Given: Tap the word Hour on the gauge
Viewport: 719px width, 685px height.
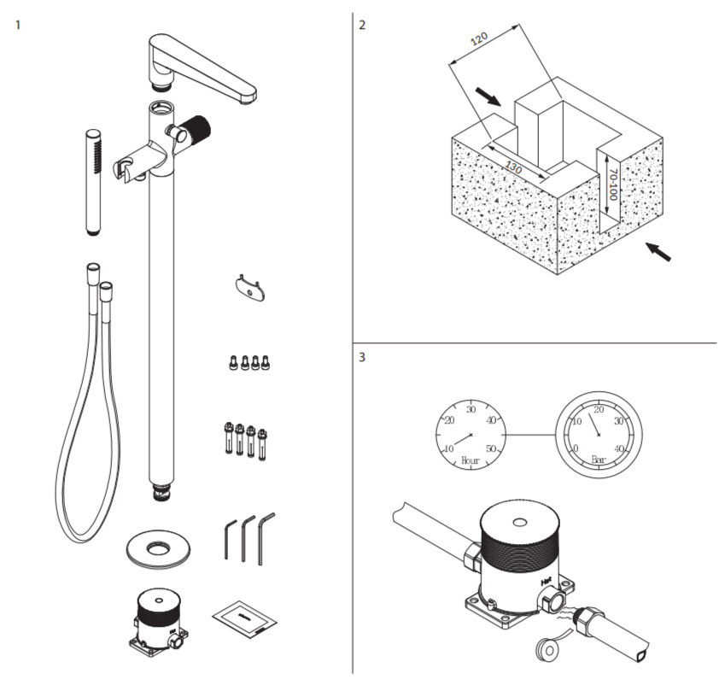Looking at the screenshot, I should tap(469, 460).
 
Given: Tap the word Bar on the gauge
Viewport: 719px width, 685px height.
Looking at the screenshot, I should tap(598, 459).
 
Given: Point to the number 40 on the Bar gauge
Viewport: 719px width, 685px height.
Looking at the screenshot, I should tap(620, 449).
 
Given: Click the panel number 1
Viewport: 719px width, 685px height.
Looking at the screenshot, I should tap(18, 23).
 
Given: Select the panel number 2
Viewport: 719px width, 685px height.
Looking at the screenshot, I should tap(362, 24).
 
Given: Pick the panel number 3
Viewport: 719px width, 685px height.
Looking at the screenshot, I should tap(362, 357).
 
